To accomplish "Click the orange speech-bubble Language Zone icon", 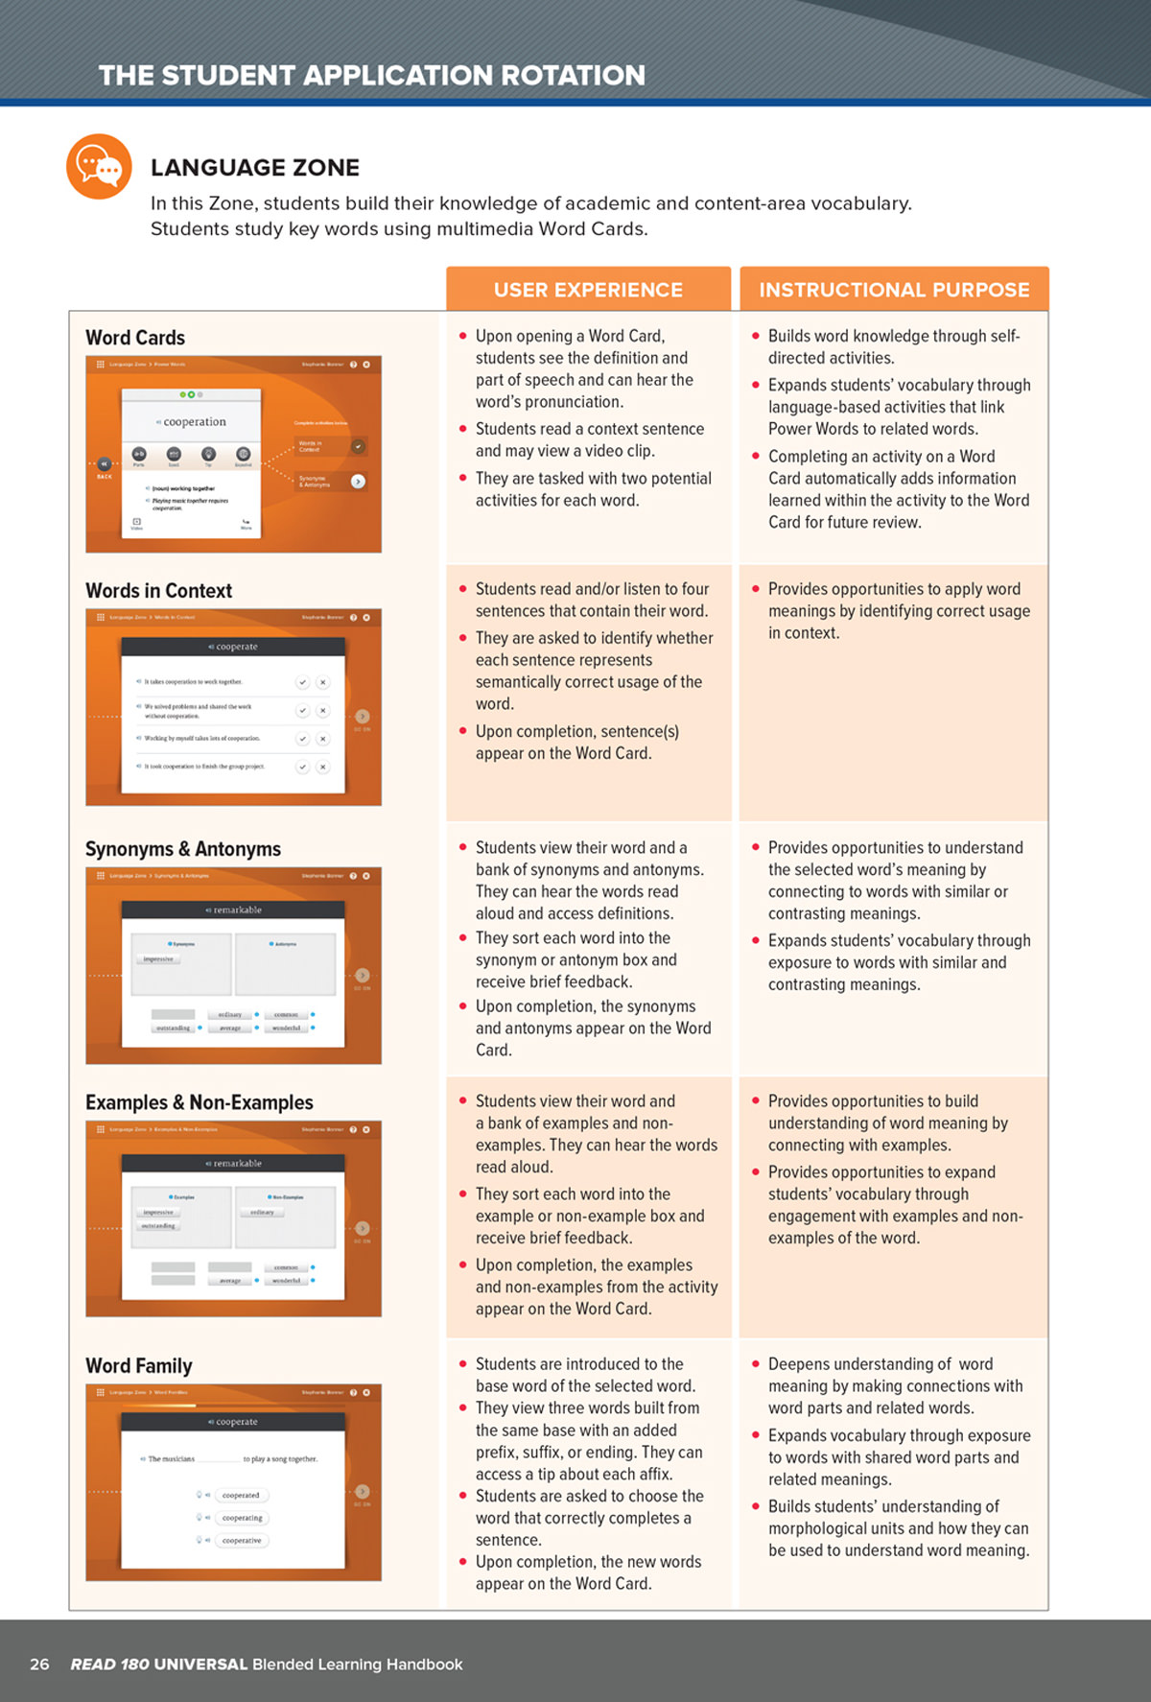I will tap(98, 167).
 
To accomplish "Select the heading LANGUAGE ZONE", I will tap(255, 168).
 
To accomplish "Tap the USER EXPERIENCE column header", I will tap(588, 290).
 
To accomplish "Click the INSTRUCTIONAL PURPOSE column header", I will tap(894, 290).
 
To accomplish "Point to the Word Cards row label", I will tap(135, 338).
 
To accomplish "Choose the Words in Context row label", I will tap(158, 591).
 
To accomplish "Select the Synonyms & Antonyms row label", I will tap(182, 849).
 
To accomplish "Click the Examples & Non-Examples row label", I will tap(199, 1102).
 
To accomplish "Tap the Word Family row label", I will tap(138, 1366).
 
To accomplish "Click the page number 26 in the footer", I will tap(39, 1665).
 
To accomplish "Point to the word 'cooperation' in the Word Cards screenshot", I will tap(195, 422).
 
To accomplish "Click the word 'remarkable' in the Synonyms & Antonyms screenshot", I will tap(237, 910).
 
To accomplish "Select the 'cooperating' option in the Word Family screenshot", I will tap(242, 1518).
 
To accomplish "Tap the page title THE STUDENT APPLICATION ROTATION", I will tap(372, 76).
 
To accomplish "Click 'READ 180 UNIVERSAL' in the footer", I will tap(159, 1665).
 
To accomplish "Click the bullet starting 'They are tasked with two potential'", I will tap(593, 489).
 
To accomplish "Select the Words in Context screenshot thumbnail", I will tap(233, 707).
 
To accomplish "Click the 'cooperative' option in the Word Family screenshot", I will tap(242, 1541).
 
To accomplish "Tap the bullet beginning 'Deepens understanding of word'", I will tap(894, 1385).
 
